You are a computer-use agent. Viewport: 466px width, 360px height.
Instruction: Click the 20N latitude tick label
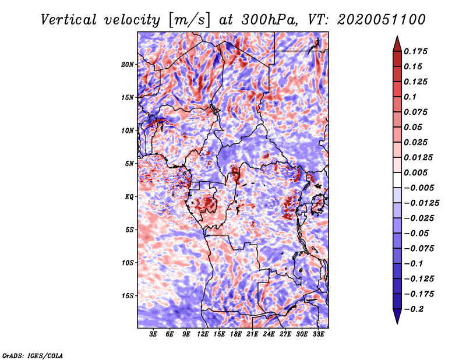tap(127, 65)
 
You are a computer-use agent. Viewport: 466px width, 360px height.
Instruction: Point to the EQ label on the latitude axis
tap(129, 197)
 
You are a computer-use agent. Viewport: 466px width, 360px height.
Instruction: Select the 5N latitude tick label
tap(129, 164)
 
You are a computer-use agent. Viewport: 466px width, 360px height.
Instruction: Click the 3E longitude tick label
tap(153, 334)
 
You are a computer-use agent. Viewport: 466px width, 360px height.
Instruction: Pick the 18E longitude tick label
tap(236, 334)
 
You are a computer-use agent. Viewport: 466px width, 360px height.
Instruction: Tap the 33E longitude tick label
tap(318, 334)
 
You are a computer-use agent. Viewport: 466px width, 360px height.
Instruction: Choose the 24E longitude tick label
tap(269, 334)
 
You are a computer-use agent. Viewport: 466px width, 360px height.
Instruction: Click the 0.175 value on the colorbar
tap(415, 51)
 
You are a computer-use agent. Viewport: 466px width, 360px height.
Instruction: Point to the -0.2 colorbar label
tap(414, 309)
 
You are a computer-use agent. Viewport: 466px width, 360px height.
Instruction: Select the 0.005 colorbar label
tap(415, 172)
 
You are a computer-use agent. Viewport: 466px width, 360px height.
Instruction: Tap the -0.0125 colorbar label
tap(421, 203)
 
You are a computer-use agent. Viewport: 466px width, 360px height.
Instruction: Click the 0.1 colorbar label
tap(410, 97)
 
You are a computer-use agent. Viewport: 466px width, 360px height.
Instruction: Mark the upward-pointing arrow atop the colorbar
tap(397, 44)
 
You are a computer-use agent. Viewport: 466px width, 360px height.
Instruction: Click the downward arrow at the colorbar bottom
tap(397, 316)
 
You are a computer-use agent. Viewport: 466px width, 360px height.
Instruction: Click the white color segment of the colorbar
tap(397, 180)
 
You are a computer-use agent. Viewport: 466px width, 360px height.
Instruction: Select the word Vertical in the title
tap(69, 20)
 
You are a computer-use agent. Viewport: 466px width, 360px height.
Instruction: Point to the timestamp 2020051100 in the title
tap(382, 20)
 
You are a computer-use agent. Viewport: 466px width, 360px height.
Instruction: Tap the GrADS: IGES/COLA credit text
tap(33, 355)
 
